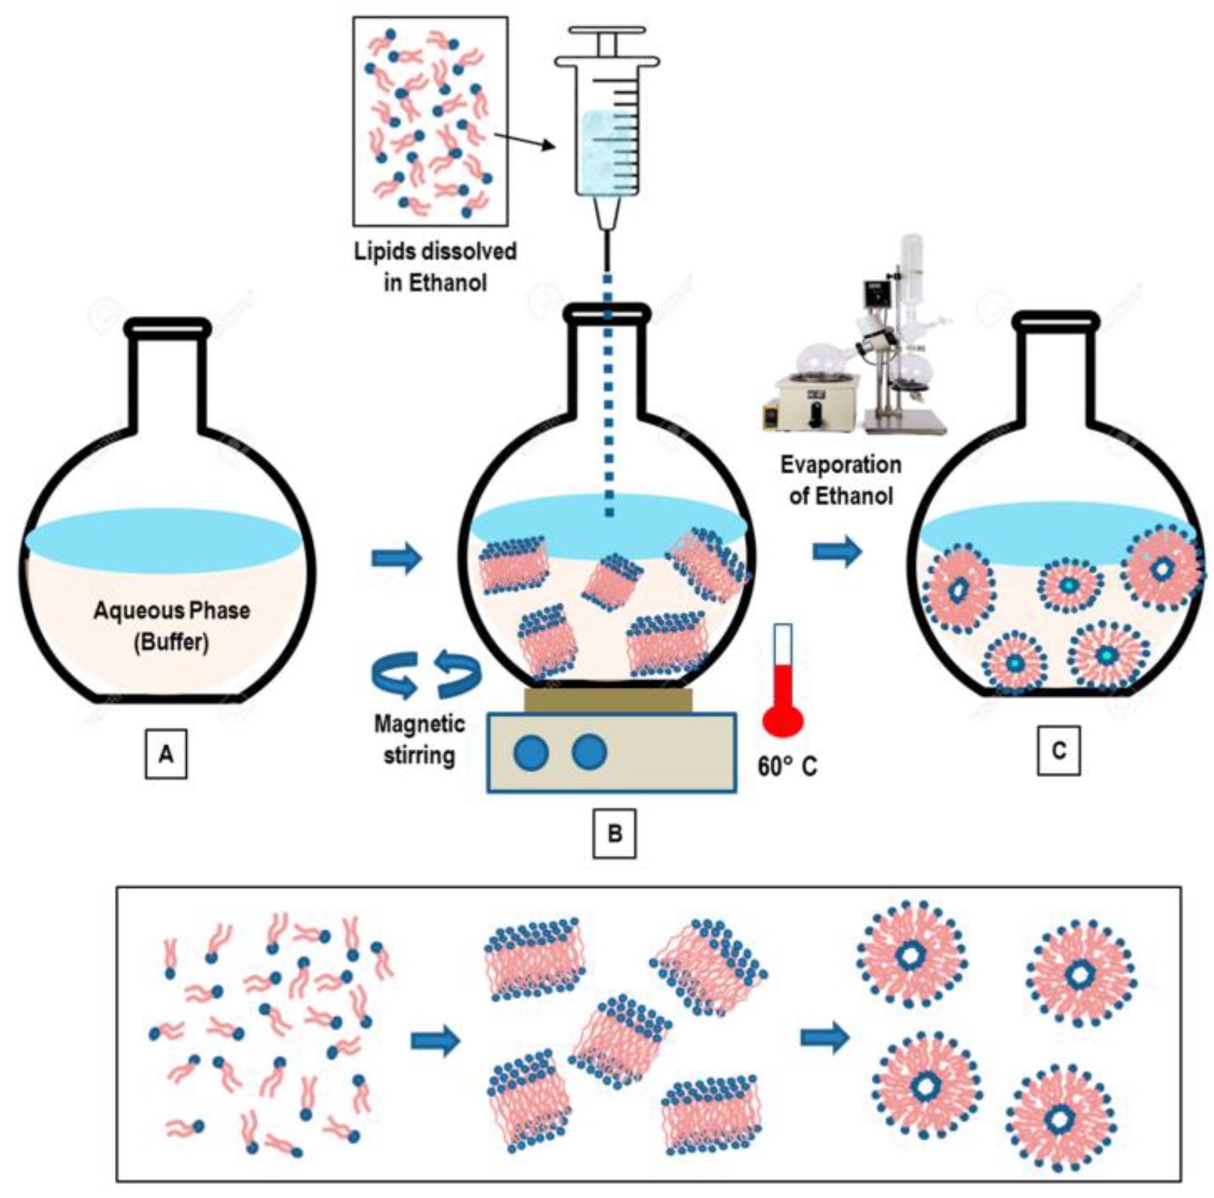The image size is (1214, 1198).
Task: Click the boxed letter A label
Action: tap(166, 754)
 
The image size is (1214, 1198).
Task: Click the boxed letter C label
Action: tap(1059, 750)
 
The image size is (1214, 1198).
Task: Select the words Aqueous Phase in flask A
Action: tap(172, 610)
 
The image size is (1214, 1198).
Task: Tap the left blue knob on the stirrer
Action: tap(531, 753)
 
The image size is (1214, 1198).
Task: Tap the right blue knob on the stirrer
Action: tap(589, 753)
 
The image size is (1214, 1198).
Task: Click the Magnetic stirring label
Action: tap(420, 739)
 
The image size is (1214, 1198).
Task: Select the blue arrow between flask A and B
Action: tap(397, 558)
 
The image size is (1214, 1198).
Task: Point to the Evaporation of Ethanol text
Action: tap(841, 480)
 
